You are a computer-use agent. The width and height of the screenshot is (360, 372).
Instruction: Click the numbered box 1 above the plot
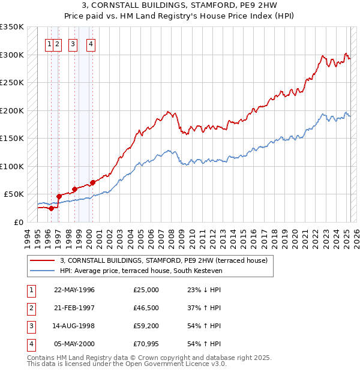49,43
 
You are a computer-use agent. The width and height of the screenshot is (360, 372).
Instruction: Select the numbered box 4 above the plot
90,43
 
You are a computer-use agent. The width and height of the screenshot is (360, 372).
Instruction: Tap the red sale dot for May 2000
92,182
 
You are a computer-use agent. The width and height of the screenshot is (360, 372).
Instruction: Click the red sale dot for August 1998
74,188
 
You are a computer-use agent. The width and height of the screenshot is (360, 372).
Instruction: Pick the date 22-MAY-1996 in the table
74,290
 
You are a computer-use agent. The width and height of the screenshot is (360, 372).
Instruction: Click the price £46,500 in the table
146,308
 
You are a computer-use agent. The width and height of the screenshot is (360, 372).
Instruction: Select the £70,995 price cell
146,344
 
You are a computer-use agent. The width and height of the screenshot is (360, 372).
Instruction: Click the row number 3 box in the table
31,326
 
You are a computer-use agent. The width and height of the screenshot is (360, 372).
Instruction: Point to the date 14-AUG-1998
74,326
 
